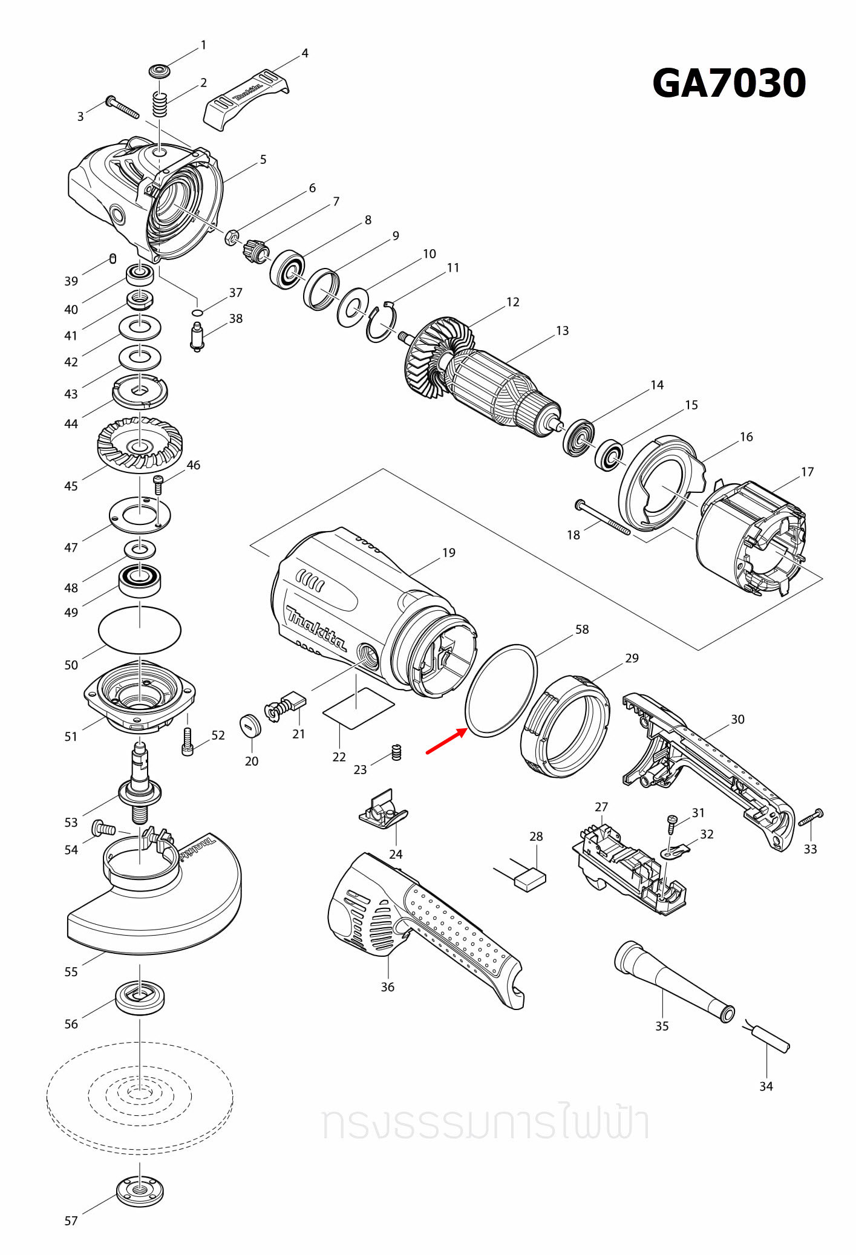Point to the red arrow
446,742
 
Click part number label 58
582,630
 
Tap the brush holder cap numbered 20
250,725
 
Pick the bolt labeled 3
123,108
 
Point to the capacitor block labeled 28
530,879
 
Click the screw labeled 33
811,818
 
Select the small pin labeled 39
113,258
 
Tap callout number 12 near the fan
513,302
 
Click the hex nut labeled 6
230,238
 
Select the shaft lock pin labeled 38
197,337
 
